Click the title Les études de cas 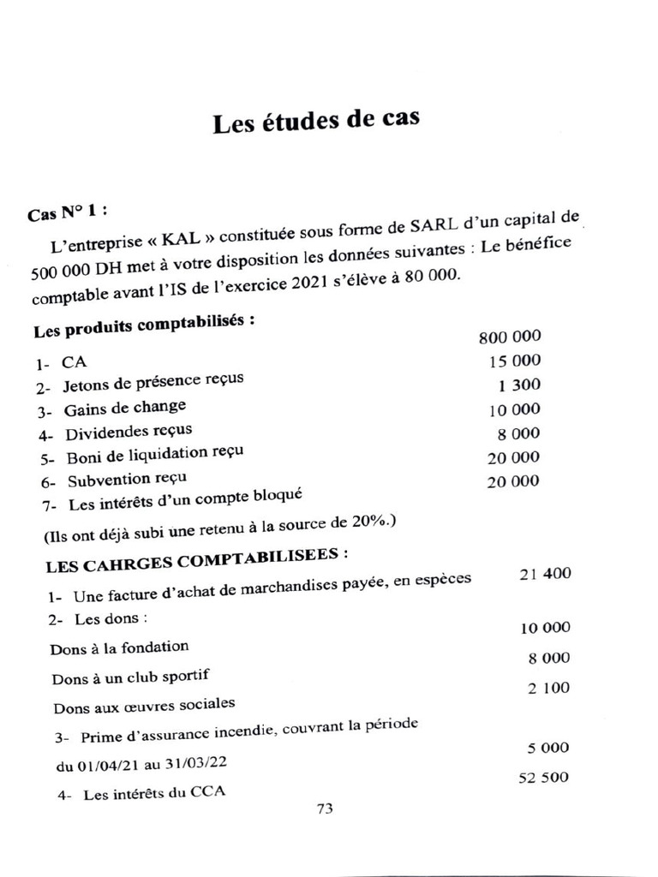point(316,123)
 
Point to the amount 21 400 point(545,573)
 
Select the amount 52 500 point(544,779)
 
